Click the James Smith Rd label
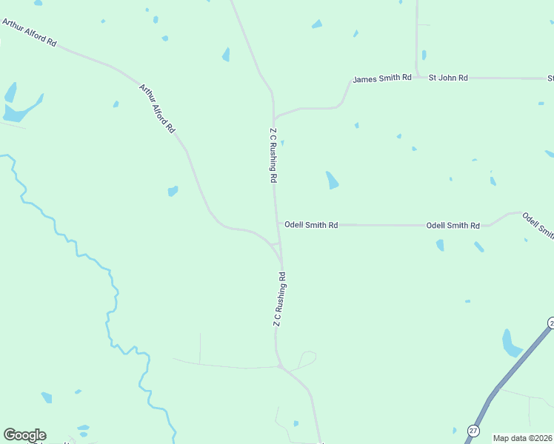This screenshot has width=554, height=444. click(x=381, y=78)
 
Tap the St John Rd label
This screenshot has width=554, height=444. click(x=449, y=78)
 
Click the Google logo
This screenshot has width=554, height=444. click(x=24, y=435)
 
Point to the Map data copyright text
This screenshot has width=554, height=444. click(x=522, y=438)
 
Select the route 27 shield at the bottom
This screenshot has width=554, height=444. click(x=474, y=431)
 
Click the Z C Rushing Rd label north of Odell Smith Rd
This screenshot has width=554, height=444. click(x=273, y=155)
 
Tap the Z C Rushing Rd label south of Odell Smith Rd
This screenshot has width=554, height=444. click(x=278, y=299)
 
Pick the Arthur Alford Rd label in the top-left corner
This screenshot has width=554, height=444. click(x=30, y=33)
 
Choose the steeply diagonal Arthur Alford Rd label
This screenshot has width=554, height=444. click(x=157, y=108)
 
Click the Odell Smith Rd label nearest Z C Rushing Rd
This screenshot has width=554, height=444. click(x=311, y=224)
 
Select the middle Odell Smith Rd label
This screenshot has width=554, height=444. click(x=453, y=225)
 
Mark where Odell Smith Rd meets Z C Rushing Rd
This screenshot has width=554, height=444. click(x=278, y=223)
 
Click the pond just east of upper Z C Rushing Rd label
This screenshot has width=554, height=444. click(x=333, y=180)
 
